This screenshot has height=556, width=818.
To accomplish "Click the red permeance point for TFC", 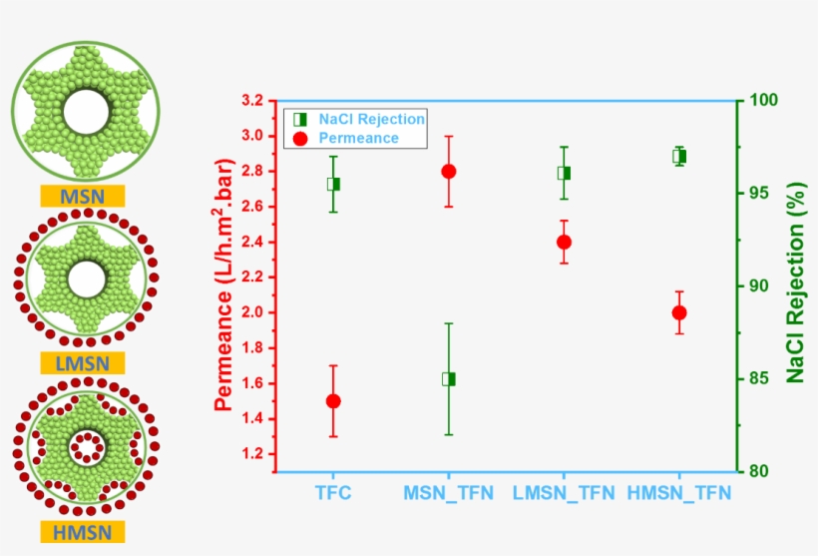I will tap(333, 400).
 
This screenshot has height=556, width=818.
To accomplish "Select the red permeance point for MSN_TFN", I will tap(448, 171).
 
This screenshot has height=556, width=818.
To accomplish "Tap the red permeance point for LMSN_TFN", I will tap(564, 242).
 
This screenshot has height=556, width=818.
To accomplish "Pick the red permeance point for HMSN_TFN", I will tap(679, 312).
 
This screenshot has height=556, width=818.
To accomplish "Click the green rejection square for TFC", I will tap(333, 184).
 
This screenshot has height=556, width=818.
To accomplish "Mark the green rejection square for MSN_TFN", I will tap(448, 379).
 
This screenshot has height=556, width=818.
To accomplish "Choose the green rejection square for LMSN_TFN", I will tap(564, 173).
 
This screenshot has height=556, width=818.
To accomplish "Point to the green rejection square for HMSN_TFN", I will tap(679, 156).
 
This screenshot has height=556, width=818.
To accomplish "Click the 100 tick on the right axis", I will tap(763, 101).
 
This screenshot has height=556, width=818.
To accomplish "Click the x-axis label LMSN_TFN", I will tap(563, 493).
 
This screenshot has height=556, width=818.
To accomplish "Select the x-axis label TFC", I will tap(332, 493).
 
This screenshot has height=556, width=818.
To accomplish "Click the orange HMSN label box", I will tap(83, 531).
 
